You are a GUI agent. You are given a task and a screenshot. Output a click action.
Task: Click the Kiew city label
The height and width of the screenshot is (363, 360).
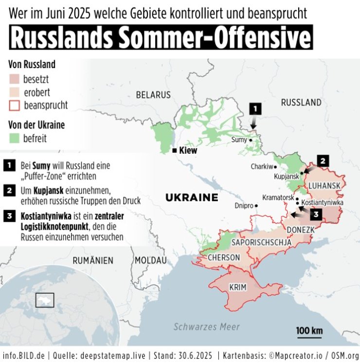(x=188, y=151)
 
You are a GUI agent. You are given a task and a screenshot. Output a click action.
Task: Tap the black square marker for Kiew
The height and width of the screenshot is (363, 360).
(x=174, y=151)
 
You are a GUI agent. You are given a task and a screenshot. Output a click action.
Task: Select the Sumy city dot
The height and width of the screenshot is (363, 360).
(x=251, y=140)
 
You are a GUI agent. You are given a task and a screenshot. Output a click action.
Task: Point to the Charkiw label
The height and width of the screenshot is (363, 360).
(x=260, y=166)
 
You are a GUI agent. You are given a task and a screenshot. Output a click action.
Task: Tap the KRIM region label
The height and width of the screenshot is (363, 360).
(x=238, y=288)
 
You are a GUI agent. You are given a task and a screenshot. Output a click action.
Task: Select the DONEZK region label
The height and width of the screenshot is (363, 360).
(x=302, y=229)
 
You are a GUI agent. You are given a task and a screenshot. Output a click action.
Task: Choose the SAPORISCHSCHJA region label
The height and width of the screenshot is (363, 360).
(x=261, y=242)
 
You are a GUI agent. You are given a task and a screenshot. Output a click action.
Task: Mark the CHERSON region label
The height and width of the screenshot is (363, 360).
(x=223, y=257)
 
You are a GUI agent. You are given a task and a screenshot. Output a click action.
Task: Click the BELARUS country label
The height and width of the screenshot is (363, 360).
(x=154, y=94)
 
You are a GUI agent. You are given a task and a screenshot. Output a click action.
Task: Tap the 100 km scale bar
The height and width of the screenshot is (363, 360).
(x=309, y=335)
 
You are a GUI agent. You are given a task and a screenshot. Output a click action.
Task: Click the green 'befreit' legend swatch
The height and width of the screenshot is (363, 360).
(x=15, y=139)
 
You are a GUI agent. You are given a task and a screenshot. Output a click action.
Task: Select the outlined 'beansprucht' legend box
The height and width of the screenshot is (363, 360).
(x=15, y=105)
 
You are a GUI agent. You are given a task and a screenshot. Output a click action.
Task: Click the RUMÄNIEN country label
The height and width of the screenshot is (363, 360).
(x=92, y=260)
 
